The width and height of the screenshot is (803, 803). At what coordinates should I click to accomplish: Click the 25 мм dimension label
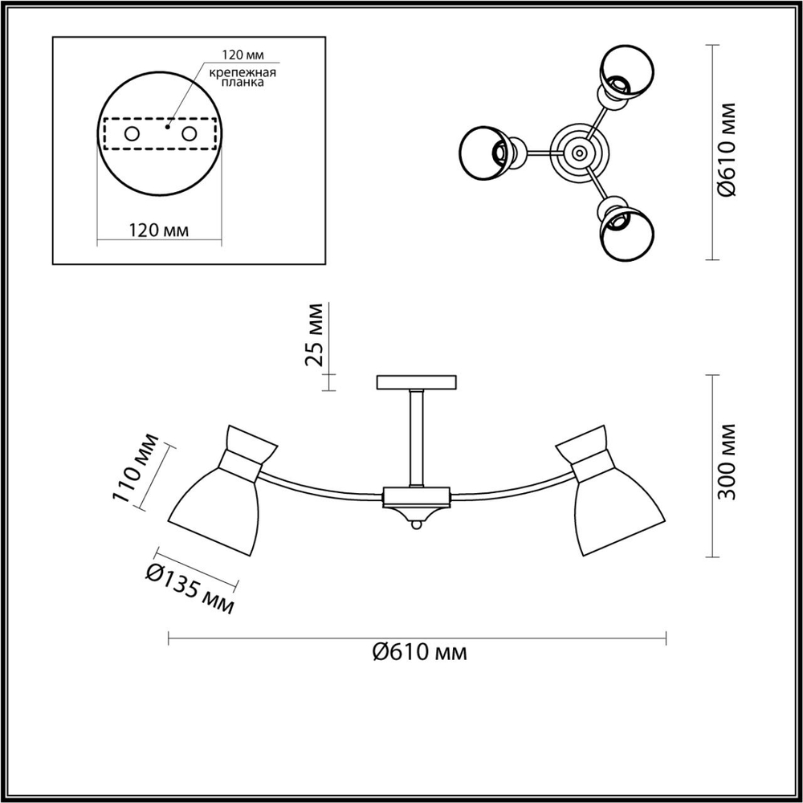(x=316, y=333)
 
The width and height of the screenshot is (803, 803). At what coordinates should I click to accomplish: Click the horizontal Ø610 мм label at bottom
(x=420, y=651)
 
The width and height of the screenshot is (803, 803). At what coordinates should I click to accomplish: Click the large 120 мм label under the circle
(x=158, y=230)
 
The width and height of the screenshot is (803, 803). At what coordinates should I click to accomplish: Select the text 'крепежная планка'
(x=243, y=78)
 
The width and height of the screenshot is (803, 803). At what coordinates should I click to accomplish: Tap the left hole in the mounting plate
(x=132, y=134)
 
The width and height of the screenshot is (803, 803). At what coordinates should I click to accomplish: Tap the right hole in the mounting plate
(x=190, y=134)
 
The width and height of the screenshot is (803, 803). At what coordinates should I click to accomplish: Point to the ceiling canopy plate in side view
(x=417, y=382)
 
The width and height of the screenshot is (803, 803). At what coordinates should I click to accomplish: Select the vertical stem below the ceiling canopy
(x=417, y=438)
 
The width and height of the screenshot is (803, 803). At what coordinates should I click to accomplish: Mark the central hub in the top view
(x=577, y=150)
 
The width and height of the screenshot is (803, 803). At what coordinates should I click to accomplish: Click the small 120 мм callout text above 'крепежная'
(x=243, y=56)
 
